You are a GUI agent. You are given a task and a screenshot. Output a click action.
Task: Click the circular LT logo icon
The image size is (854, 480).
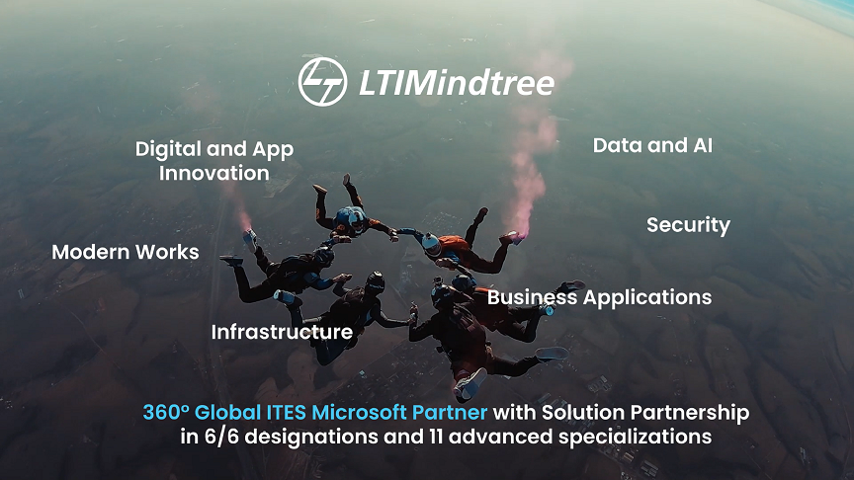(322, 82)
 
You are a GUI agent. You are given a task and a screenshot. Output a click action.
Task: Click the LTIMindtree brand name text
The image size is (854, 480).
(457, 83)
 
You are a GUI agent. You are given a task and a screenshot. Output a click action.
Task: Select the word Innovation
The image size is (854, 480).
(214, 173)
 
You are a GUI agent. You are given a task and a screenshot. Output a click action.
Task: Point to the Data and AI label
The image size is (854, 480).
(652, 145)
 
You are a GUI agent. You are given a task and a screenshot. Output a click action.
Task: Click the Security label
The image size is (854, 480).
(688, 225)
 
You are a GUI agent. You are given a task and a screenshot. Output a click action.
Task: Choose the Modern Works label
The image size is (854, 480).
(126, 252)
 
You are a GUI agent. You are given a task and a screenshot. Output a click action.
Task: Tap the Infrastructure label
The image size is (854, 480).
(282, 332)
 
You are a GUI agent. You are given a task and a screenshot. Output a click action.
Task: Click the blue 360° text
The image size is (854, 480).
(166, 412)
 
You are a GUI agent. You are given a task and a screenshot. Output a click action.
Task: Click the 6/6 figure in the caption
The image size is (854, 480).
(221, 437)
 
